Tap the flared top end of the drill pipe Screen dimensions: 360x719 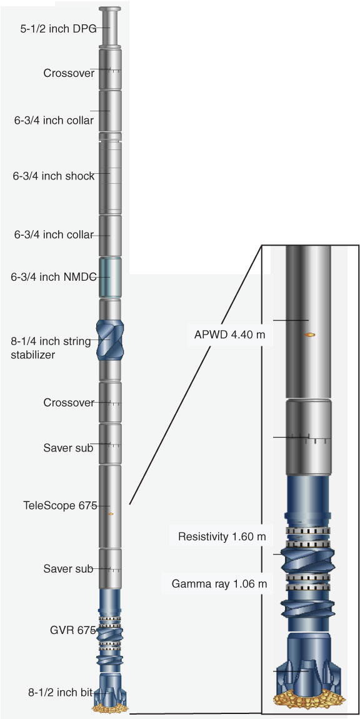[x=109, y=9]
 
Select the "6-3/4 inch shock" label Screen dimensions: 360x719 [x=54, y=176]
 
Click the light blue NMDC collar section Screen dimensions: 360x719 [x=110, y=278]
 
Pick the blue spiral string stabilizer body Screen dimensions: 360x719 [x=110, y=339]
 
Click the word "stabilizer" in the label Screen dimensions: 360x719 [x=33, y=354]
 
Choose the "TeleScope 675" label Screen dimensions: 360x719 [x=60, y=506]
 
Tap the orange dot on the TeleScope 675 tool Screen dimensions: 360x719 [x=111, y=514]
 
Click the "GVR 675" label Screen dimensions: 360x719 [x=72, y=630]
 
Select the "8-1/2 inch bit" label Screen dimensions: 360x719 [x=66, y=692]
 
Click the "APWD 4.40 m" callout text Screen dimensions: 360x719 [x=226, y=334]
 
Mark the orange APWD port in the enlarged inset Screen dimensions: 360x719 [x=310, y=334]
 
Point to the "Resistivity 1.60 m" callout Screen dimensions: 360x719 [x=222, y=536]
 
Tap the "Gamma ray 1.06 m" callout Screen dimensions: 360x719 [x=219, y=584]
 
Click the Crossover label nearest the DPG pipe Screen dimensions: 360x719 [x=69, y=73]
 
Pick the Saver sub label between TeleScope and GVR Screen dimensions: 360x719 [x=68, y=569]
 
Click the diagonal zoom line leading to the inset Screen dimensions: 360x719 [x=196, y=375]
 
